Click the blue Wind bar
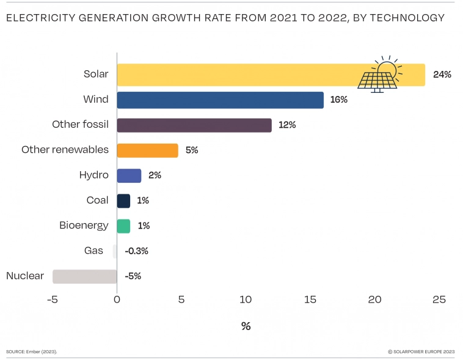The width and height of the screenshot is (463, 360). [x=220, y=100]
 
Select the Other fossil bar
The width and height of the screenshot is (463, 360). [x=194, y=125]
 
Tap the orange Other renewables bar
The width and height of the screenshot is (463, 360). [x=147, y=150]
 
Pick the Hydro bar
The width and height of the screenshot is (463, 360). [x=129, y=175]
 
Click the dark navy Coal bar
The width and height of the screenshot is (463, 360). [x=123, y=200]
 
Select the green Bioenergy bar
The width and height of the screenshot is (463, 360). [x=123, y=226]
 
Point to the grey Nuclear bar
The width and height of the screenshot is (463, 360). [x=84, y=276]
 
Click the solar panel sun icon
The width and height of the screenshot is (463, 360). [x=379, y=75]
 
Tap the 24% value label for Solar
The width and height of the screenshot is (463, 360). [x=442, y=75]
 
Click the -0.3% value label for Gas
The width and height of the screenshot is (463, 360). [x=137, y=251]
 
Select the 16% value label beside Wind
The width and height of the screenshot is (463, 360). [x=338, y=100]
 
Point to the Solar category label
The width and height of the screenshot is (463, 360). [x=96, y=74]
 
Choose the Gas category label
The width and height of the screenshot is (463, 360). [x=93, y=251]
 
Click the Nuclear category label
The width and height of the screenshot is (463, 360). [x=25, y=276]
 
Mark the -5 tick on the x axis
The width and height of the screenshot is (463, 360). [x=52, y=299]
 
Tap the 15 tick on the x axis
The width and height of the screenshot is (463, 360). [x=310, y=299]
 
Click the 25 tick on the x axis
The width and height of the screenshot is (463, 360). [x=439, y=299]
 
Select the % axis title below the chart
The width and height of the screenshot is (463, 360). [x=246, y=326]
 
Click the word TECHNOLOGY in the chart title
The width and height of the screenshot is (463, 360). [x=406, y=18]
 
